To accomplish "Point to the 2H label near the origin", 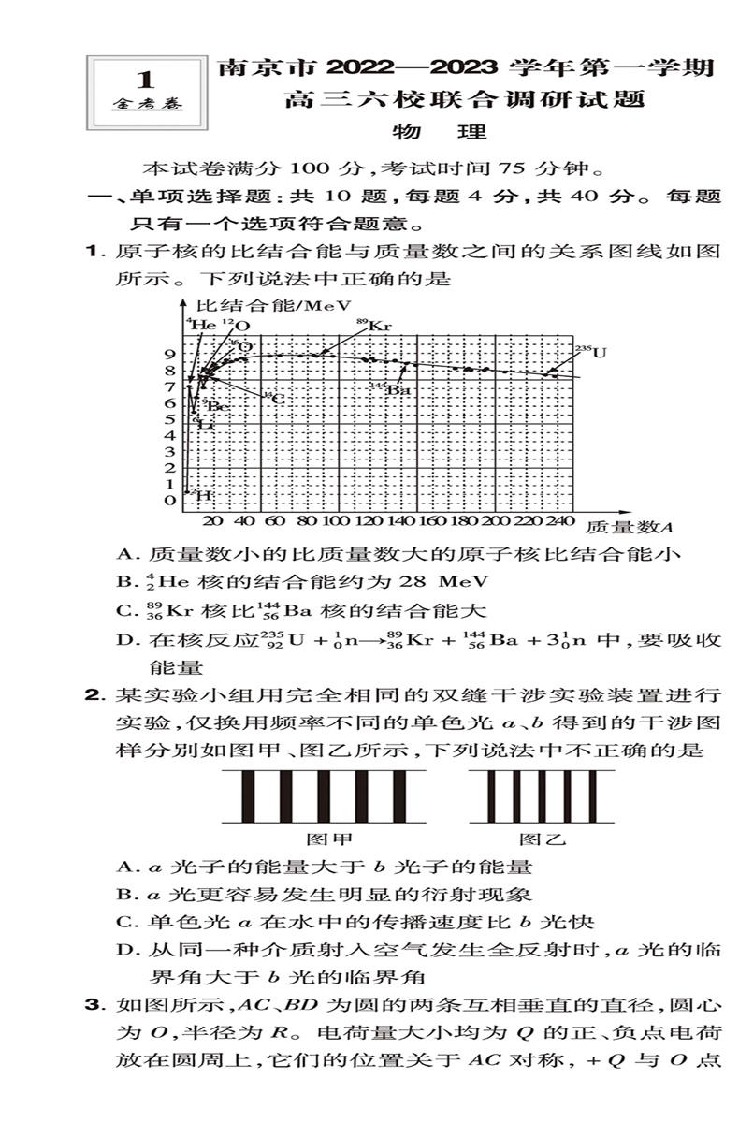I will (x=197, y=493).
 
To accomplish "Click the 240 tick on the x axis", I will (x=559, y=521).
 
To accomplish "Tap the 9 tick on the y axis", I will (x=170, y=354).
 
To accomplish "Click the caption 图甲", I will (x=329, y=839).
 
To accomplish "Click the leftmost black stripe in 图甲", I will (x=249, y=795).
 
